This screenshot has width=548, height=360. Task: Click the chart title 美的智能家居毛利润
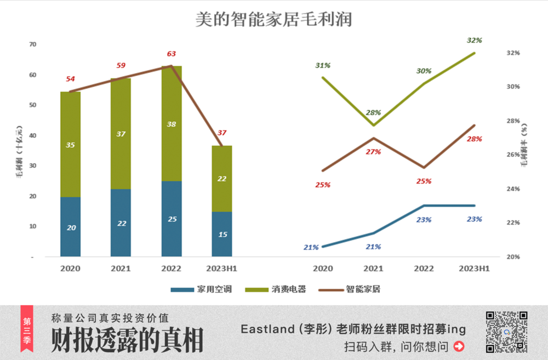(274, 20)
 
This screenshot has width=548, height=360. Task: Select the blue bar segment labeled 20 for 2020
(71, 227)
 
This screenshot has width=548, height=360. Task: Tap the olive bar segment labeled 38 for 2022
(172, 124)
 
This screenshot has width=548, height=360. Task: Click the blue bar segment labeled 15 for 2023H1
(222, 234)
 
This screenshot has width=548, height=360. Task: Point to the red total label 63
(172, 54)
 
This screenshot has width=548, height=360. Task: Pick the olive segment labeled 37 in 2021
(121, 134)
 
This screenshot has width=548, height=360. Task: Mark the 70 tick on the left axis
(33, 44)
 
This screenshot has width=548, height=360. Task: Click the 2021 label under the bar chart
(121, 268)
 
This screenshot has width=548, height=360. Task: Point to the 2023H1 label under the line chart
(474, 268)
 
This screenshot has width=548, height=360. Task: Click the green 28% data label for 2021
(373, 113)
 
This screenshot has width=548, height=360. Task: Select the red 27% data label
(373, 152)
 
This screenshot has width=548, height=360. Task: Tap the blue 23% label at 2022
(424, 220)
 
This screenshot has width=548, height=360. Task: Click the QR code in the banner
(506, 332)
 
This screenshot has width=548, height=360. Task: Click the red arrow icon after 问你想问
(459, 346)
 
